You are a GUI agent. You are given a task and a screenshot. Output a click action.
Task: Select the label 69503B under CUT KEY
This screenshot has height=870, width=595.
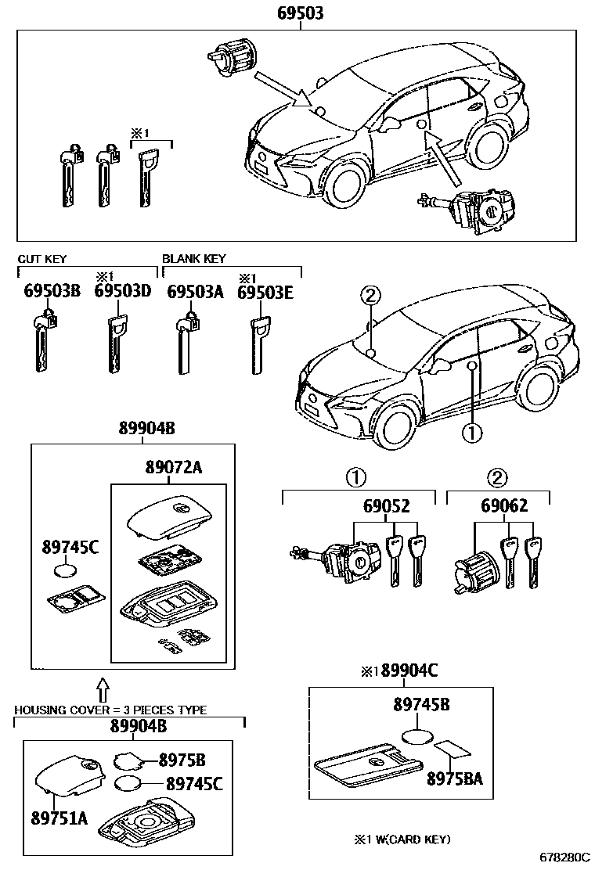coord(52,291)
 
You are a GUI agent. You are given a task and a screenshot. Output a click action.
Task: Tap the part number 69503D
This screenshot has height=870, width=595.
coord(122,291)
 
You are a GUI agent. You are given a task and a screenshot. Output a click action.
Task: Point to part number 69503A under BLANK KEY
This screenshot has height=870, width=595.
coord(195,291)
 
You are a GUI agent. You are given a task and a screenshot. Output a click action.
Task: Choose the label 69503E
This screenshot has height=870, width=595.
coord(265,291)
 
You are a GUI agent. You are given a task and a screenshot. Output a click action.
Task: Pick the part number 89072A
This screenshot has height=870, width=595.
coord(173,467)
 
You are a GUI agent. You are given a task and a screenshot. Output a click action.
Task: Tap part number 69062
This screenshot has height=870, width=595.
coord(504,506)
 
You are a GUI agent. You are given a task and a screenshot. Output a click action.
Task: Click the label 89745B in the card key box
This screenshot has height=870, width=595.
coord(420,705)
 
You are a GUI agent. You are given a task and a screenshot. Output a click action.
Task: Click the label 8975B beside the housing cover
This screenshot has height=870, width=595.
coord(182,759)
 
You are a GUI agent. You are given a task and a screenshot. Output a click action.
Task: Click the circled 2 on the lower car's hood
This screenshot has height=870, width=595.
coord(370,296)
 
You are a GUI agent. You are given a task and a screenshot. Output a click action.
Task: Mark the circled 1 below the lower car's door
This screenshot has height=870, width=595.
coord(471,430)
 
